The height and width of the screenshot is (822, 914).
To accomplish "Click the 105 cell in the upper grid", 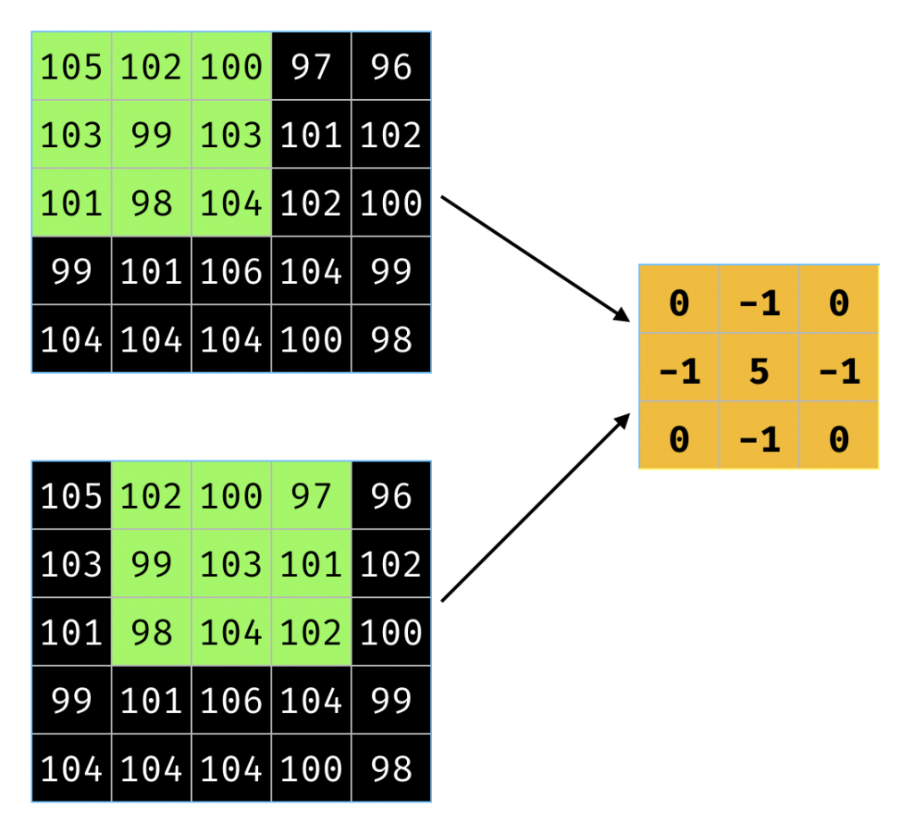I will [71, 67].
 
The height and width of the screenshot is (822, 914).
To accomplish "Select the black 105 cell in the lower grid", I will [71, 496].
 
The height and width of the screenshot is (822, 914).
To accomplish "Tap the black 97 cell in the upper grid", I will [312, 67].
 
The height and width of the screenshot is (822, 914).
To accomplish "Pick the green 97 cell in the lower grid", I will [312, 496].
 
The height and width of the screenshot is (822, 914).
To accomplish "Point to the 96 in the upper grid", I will [391, 67].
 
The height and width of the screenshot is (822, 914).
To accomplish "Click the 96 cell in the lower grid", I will [391, 496].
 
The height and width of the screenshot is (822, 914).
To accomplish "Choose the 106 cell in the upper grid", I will [231, 271].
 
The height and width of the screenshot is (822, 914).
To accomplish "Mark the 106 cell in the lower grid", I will [231, 701].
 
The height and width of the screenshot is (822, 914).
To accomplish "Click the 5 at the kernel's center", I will [759, 370].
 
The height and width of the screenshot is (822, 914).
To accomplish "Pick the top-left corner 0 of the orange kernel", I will [679, 303].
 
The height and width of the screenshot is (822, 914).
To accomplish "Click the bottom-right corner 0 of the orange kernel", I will [838, 439].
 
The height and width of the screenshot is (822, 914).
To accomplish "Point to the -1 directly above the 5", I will [759, 303].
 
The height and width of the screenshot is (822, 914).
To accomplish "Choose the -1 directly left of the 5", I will [679, 370].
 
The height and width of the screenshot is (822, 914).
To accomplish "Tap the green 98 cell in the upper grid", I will [151, 203].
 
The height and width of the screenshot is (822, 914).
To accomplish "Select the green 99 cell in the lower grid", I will [151, 564].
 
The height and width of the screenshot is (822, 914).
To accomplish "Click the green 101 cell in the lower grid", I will [312, 564].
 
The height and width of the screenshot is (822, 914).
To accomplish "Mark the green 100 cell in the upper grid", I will [231, 67].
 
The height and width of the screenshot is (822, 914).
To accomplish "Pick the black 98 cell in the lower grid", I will [391, 768].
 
